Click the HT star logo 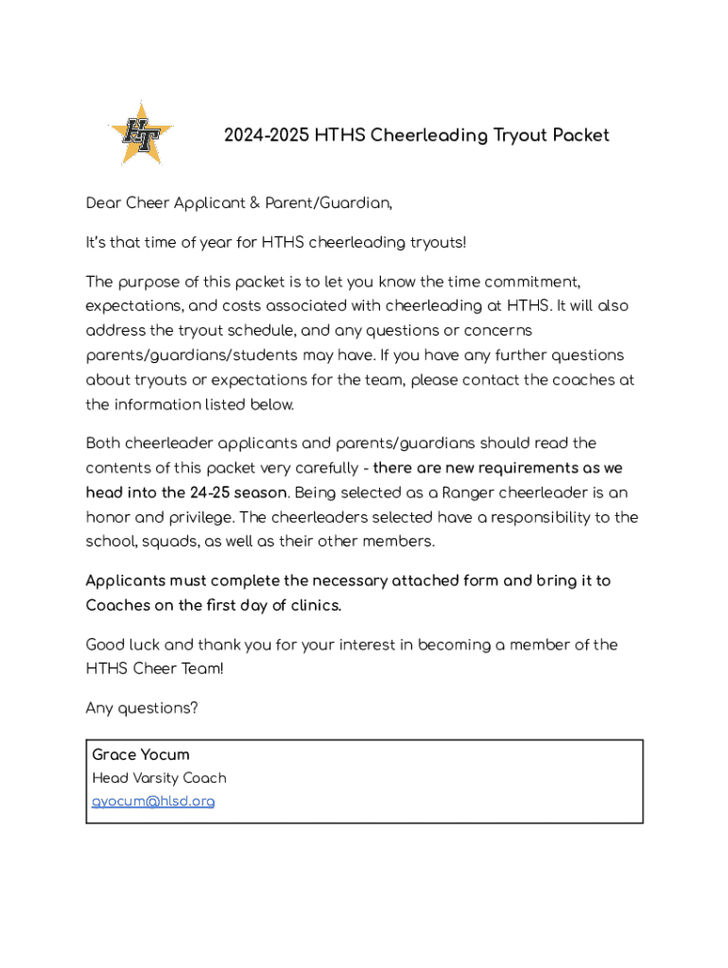pos(141,134)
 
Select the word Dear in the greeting pos(103,203)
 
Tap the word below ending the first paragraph pos(272,405)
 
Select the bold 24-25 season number pos(210,493)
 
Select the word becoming pos(461,645)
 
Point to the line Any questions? pos(142,708)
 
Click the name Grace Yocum pos(141,754)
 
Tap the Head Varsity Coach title pos(159,778)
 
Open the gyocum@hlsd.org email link pos(153,802)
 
